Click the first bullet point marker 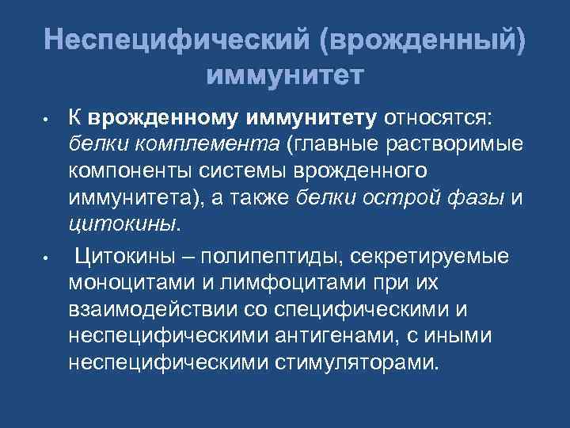[47, 123]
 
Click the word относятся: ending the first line [438, 118]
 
